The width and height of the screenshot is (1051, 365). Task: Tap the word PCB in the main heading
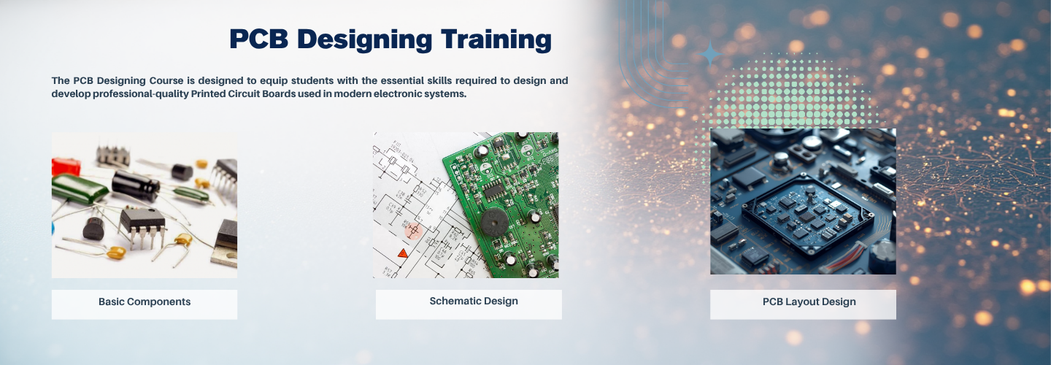258,39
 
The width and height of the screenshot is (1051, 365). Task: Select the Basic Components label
145,301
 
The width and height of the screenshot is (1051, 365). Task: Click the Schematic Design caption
474,301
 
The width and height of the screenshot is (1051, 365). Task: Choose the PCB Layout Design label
809,301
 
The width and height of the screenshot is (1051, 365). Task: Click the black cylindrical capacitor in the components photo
136,185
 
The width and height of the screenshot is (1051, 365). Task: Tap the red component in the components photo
66,166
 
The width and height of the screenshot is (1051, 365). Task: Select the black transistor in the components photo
94,228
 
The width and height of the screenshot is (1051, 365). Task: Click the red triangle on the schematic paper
403,254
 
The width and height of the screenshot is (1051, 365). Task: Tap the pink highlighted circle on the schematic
413,230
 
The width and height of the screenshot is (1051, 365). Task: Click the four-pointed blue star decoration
710,53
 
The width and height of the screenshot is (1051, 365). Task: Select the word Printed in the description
208,94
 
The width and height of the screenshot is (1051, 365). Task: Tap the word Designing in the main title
365,40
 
